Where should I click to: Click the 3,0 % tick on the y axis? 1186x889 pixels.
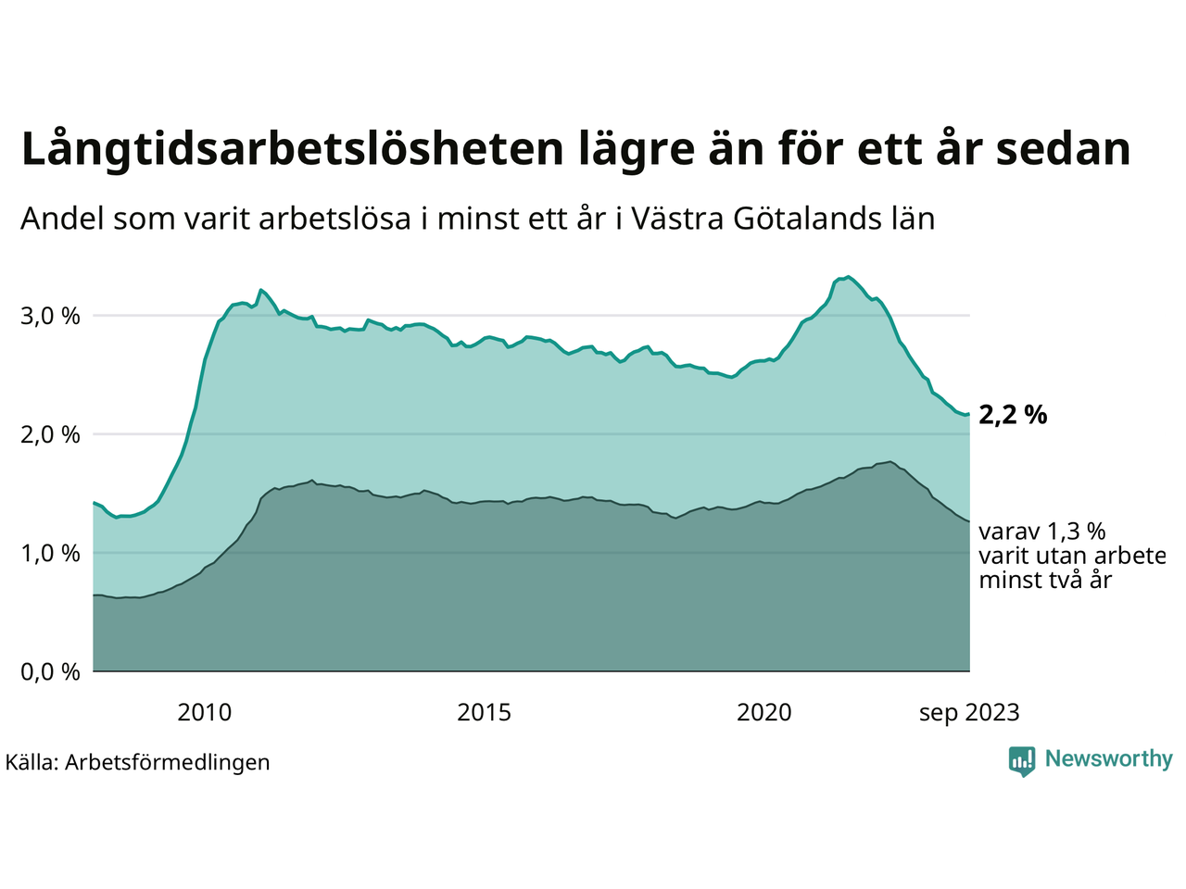(x=50, y=316)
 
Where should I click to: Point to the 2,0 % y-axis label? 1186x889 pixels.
(x=50, y=434)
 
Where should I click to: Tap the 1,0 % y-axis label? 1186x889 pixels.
(x=50, y=553)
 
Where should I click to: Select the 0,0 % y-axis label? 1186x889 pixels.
(x=50, y=671)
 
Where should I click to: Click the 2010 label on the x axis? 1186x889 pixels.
(x=205, y=712)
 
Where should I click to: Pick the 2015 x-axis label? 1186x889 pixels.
(x=485, y=712)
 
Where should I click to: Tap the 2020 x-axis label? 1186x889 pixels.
(x=764, y=712)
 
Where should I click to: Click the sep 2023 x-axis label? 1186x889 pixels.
(x=969, y=713)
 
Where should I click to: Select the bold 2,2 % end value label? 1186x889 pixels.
(x=1013, y=415)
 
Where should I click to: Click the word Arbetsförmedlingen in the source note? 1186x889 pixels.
(x=168, y=762)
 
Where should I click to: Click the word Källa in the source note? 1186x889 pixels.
(x=32, y=762)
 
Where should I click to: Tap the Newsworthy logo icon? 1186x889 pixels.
(x=1022, y=761)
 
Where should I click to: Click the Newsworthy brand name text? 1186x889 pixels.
(x=1108, y=759)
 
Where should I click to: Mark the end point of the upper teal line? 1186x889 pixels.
(x=969, y=414)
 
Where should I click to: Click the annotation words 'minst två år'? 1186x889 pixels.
(x=1045, y=581)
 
